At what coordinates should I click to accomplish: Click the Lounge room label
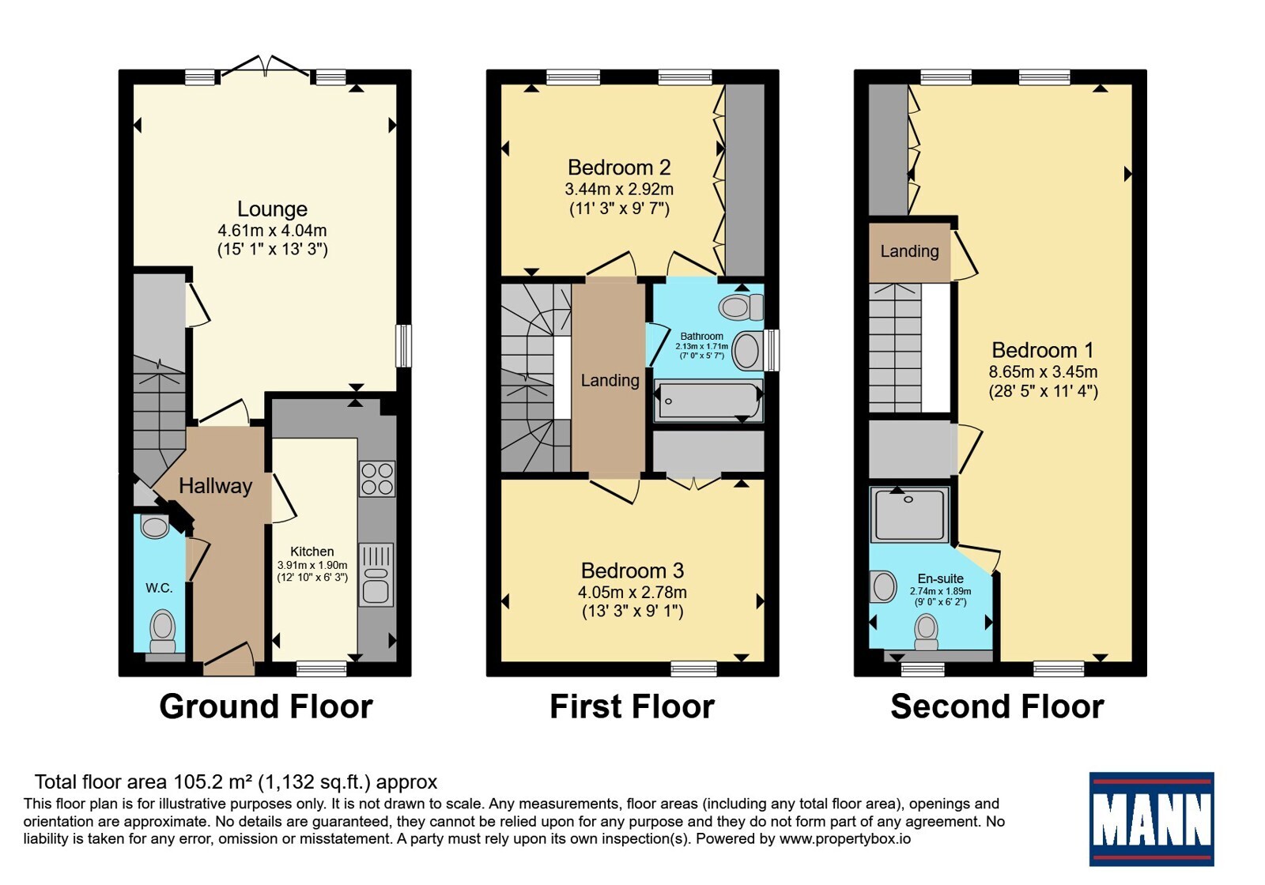(272, 209)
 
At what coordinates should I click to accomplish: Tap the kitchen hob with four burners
(377, 479)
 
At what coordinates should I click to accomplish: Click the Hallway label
(215, 486)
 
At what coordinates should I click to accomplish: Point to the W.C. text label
(159, 588)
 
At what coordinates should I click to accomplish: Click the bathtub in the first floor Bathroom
(708, 401)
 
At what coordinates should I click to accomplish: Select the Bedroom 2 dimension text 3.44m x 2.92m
(619, 189)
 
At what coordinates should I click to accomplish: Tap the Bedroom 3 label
(632, 571)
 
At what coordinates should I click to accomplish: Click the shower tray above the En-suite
(909, 514)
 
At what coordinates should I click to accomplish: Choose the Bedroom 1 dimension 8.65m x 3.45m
(1043, 372)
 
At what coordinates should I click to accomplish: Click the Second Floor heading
(997, 706)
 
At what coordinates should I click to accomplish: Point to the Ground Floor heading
(266, 706)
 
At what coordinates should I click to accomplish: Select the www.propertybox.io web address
(845, 838)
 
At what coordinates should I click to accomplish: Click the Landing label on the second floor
(909, 251)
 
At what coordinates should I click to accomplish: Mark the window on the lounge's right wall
(403, 345)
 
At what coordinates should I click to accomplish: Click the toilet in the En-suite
(926, 632)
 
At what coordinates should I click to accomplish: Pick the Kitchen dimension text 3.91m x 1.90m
(312, 565)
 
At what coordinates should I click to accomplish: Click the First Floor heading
(632, 706)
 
